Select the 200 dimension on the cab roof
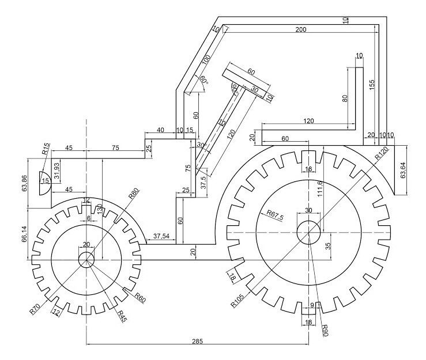click(300, 29)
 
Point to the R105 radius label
click(237, 300)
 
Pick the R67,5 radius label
click(277, 213)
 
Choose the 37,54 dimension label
click(161, 236)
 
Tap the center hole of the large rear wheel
click(308, 232)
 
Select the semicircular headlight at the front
click(45, 183)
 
